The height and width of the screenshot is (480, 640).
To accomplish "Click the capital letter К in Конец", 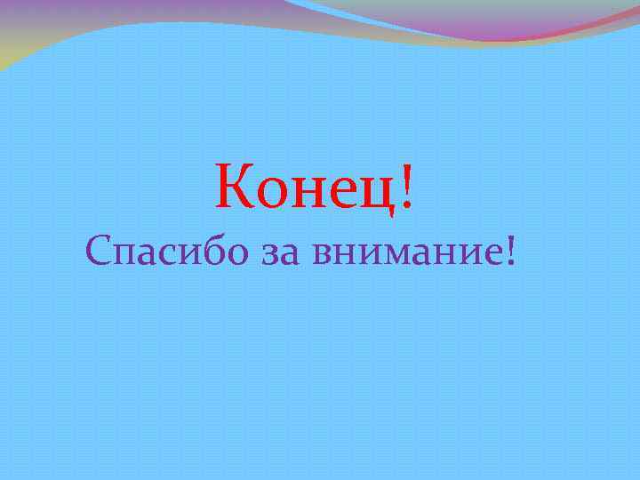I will pyautogui.click(x=234, y=187).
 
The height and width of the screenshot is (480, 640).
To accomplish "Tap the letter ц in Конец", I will pyautogui.click(x=378, y=194).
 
